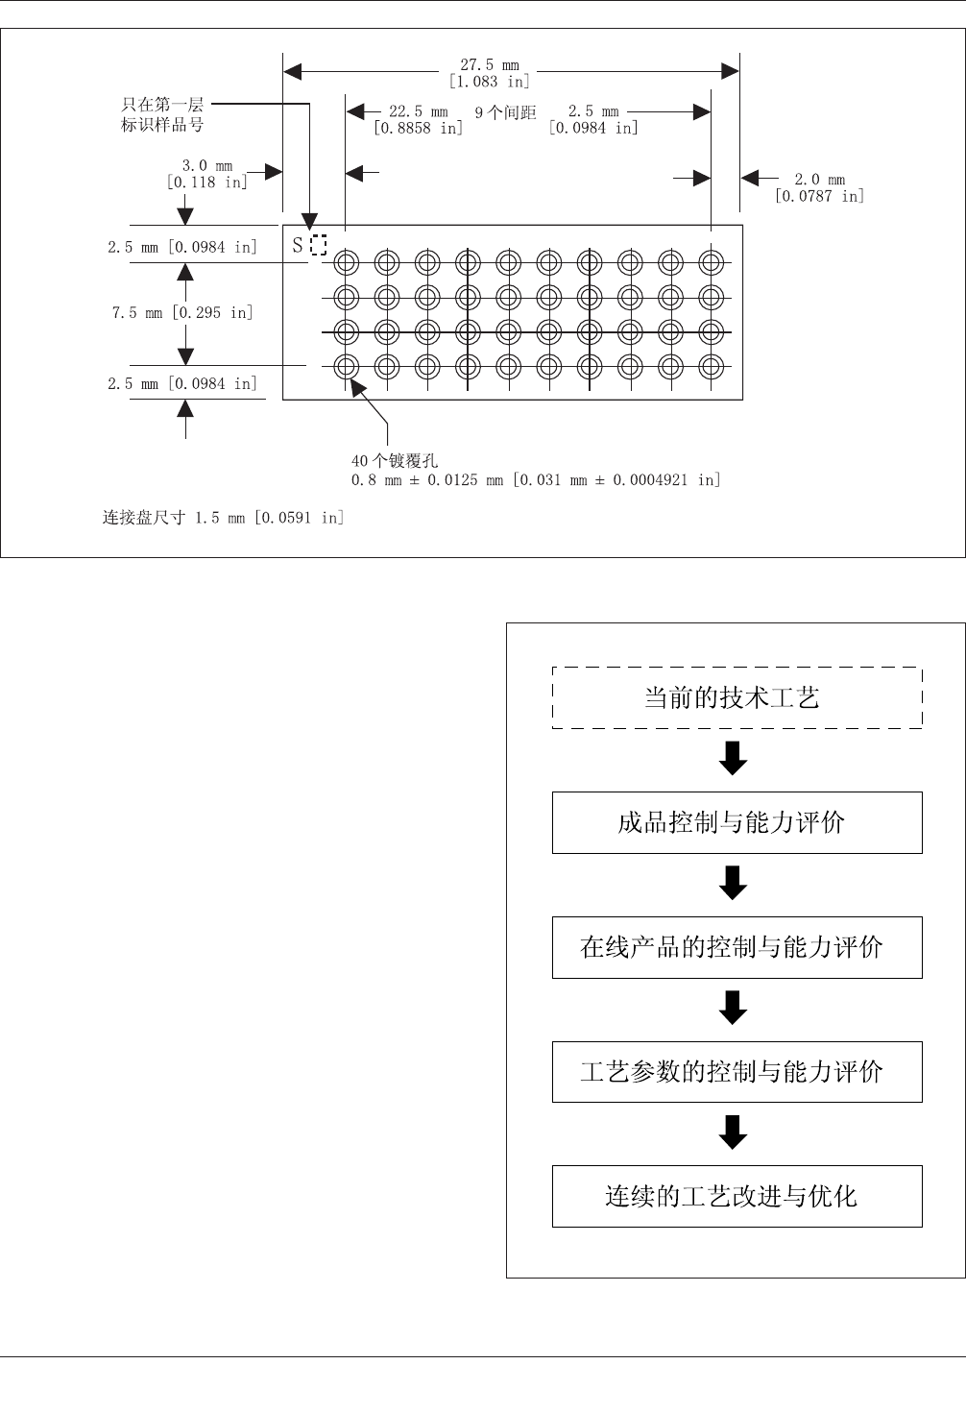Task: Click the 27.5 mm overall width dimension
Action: pyautogui.click(x=489, y=73)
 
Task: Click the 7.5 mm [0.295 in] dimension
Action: pyautogui.click(x=182, y=312)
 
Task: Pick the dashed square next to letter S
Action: pyautogui.click(x=319, y=245)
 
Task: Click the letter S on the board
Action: pyautogui.click(x=298, y=246)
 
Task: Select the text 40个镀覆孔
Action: pyautogui.click(x=395, y=461)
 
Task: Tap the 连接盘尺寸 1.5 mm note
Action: pyautogui.click(x=223, y=518)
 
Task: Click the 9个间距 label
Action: pyautogui.click(x=505, y=112)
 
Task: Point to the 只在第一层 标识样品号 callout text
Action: pyautogui.click(x=162, y=114)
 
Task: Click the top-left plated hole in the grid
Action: pyautogui.click(x=347, y=261)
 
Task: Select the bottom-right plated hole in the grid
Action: pyautogui.click(x=711, y=366)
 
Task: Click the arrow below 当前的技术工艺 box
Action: pyautogui.click(x=734, y=759)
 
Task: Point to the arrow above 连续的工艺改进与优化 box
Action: pyautogui.click(x=734, y=1133)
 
